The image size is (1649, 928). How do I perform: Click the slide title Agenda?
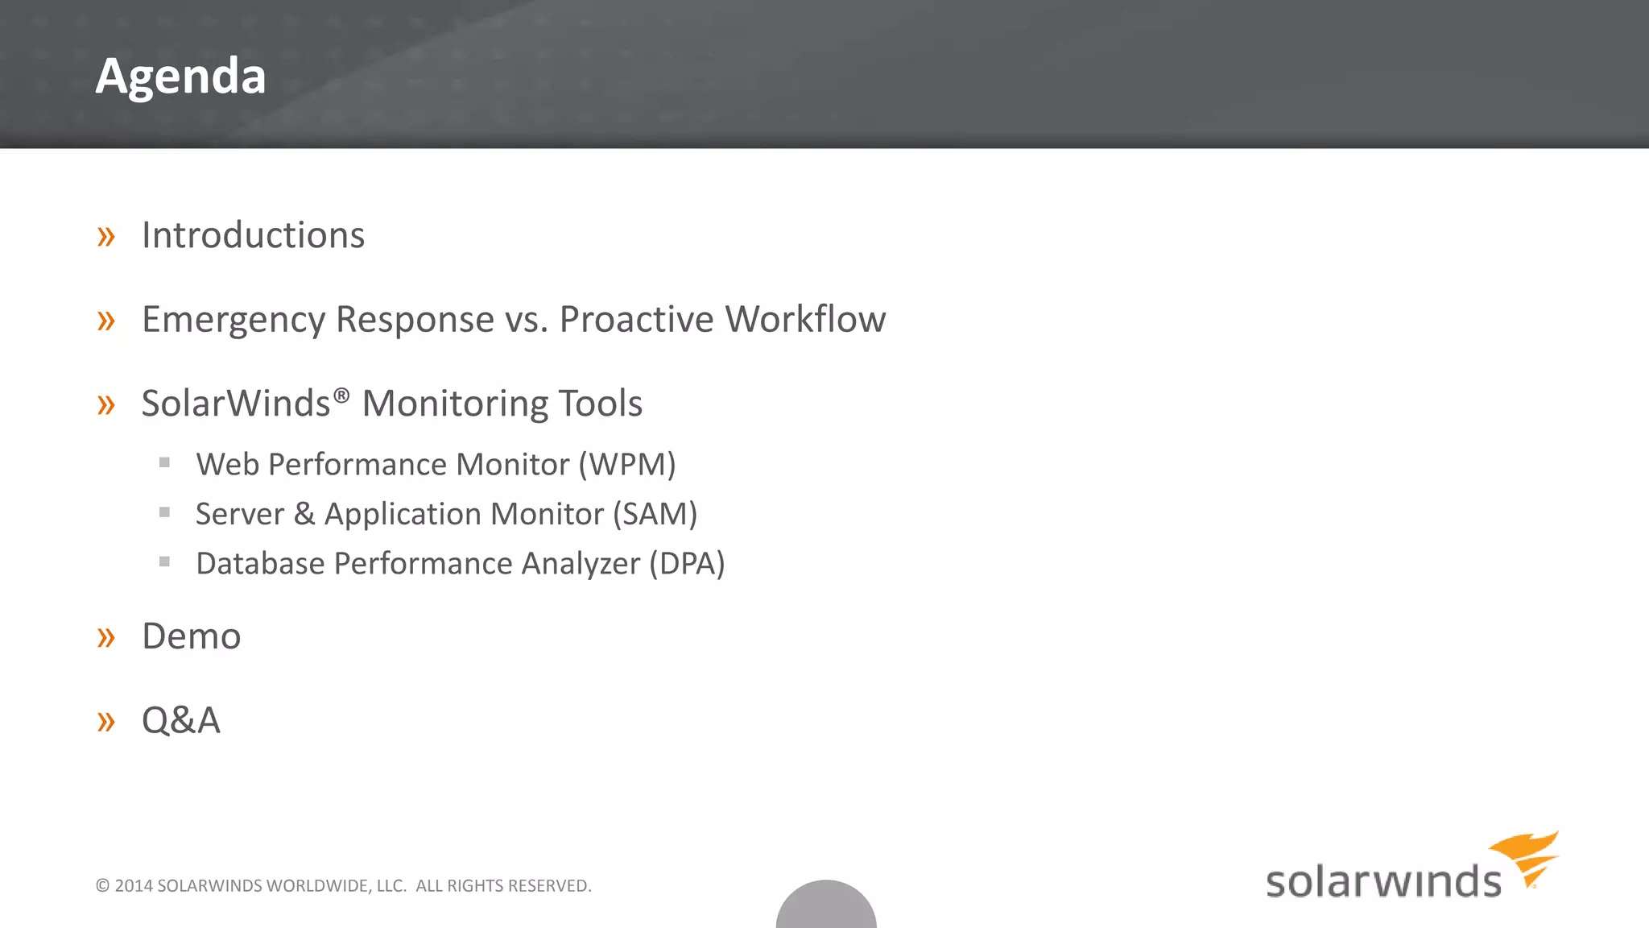pyautogui.click(x=180, y=77)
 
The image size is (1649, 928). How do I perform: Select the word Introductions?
pyautogui.click(x=253, y=235)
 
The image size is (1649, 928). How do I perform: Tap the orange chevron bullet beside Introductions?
pyautogui.click(x=105, y=237)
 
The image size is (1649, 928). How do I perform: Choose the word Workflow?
pyautogui.click(x=805, y=319)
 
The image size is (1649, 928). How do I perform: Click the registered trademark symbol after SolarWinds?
pyautogui.click(x=341, y=396)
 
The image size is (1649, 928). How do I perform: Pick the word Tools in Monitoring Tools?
pyautogui.click(x=600, y=404)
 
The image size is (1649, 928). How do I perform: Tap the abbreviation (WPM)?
pyautogui.click(x=627, y=465)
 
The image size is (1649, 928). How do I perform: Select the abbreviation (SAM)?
pyautogui.click(x=655, y=515)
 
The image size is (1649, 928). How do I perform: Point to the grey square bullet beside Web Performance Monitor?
pyautogui.click(x=164, y=462)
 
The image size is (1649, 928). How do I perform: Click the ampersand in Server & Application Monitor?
pyautogui.click(x=304, y=514)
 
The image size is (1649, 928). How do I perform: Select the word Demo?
pyautogui.click(x=191, y=636)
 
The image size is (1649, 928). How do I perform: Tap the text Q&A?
pyautogui.click(x=180, y=720)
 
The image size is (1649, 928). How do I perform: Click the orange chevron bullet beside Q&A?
pyautogui.click(x=105, y=722)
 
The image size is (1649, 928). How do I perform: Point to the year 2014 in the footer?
pyautogui.click(x=134, y=886)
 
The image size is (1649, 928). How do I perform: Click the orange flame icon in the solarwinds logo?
pyautogui.click(x=1526, y=857)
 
